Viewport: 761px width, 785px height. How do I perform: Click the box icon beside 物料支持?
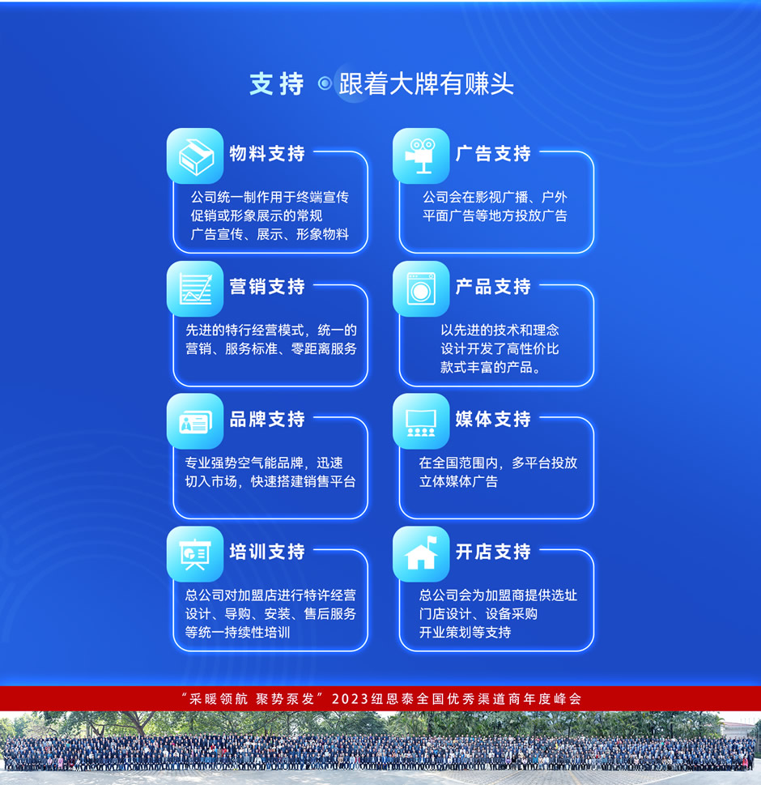click(195, 156)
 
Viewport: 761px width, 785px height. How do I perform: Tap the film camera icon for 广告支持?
click(421, 156)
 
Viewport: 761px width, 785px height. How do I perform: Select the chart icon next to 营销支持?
click(195, 289)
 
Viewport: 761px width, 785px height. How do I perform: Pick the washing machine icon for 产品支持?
click(421, 289)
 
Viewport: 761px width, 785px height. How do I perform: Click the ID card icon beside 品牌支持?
click(195, 421)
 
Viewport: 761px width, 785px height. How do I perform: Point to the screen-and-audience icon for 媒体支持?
click(421, 421)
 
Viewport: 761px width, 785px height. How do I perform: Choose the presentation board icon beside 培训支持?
click(195, 554)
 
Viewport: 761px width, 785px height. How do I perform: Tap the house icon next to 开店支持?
click(421, 554)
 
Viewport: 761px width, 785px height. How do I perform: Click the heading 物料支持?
click(267, 154)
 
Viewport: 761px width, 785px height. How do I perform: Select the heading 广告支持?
click(493, 154)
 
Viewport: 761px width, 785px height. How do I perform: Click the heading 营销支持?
click(267, 286)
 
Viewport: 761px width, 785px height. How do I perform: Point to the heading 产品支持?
click(493, 286)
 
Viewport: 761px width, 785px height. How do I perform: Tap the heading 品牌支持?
click(267, 419)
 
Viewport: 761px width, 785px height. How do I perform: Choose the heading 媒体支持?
click(493, 419)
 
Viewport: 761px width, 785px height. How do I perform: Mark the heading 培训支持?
click(267, 552)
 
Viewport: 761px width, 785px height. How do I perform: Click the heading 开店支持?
click(493, 552)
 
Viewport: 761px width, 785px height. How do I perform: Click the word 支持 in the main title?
click(277, 83)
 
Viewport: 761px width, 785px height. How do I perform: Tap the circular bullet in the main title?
click(325, 83)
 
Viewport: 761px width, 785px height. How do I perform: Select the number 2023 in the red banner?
click(351, 699)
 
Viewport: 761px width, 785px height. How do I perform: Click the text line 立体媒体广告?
click(459, 482)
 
